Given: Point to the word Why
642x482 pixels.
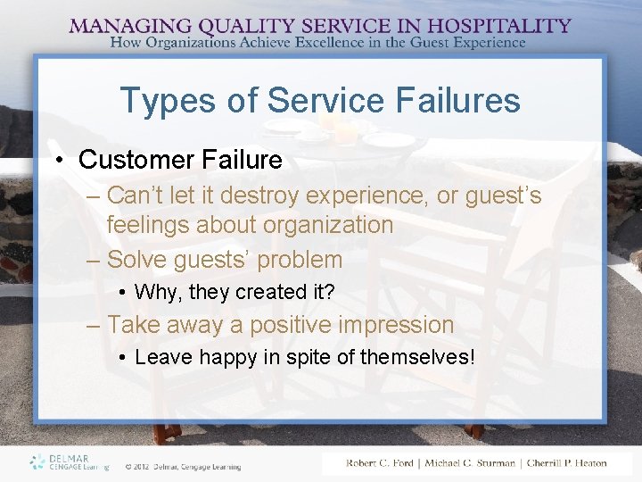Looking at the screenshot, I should coord(153,292).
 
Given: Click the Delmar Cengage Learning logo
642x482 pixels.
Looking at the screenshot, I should coord(69,461).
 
